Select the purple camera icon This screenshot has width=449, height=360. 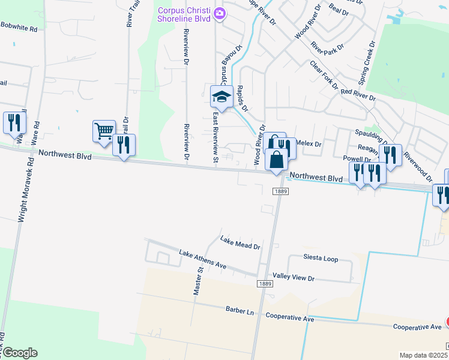tap(220, 12)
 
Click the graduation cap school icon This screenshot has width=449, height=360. tap(221, 96)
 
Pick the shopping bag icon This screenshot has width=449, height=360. tap(276, 160)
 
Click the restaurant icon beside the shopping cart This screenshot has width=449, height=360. tap(124, 145)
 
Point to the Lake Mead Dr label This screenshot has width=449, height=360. tap(240, 243)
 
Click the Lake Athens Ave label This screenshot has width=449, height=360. tap(202, 260)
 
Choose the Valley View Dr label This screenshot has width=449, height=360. tap(294, 278)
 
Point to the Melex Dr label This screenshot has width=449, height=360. tap(309, 144)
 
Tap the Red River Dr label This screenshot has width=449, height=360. tap(358, 94)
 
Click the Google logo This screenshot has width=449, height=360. tap(19, 353)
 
